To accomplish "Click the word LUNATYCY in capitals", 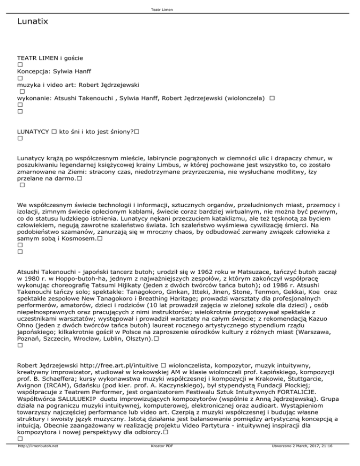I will [x=33, y=133].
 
